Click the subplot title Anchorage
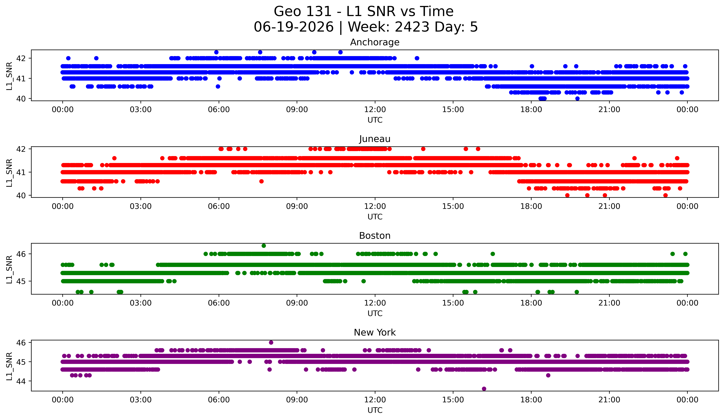coord(375,42)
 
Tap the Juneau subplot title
coord(375,139)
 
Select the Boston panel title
coord(375,236)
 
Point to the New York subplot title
coord(375,332)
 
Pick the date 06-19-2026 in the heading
coord(294,27)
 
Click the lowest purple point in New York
coord(484,389)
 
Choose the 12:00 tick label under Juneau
coord(375,206)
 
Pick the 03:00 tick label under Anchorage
coord(141,109)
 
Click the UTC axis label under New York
coord(375,410)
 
